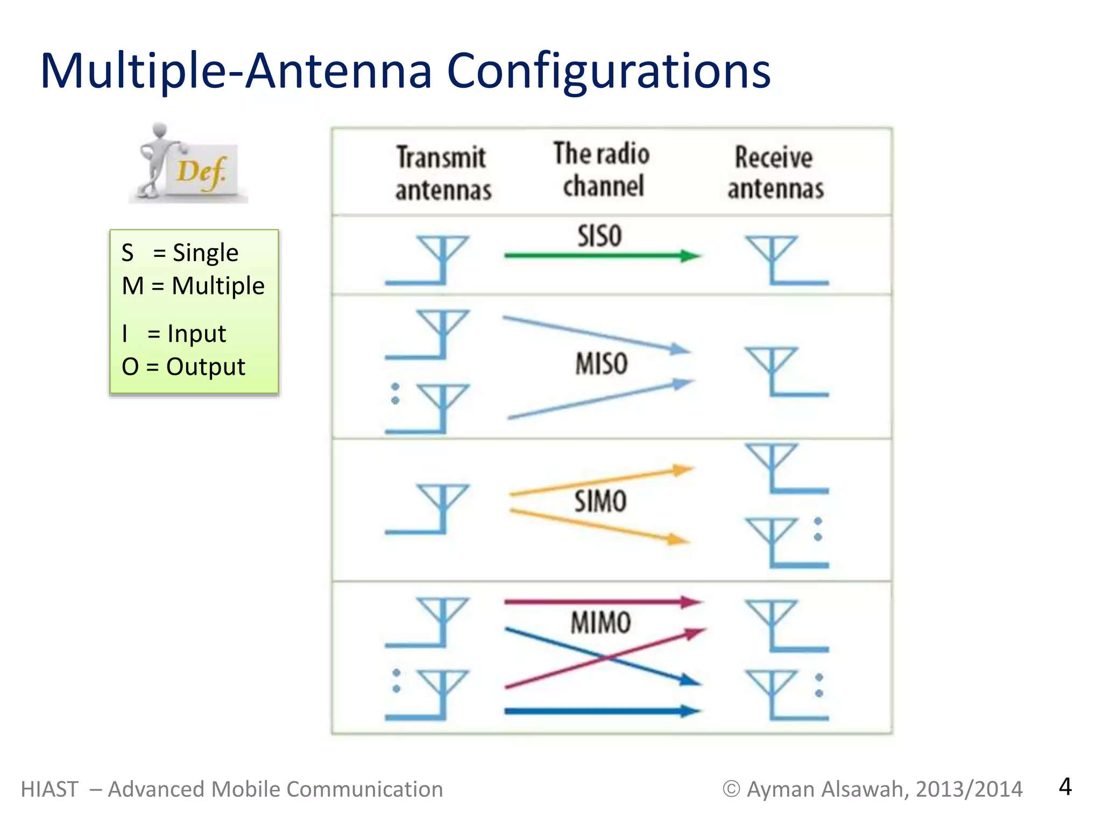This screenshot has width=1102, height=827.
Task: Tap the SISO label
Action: click(599, 236)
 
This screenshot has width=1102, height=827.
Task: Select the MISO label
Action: click(602, 363)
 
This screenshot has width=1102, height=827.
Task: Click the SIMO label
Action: click(600, 501)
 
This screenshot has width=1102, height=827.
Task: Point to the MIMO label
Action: click(601, 622)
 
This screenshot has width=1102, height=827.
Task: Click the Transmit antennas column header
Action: click(443, 173)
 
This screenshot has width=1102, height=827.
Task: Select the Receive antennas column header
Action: click(775, 173)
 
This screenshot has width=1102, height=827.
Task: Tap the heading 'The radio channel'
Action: click(602, 170)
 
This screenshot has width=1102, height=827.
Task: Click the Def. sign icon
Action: click(188, 164)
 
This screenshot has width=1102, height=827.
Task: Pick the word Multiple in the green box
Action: click(218, 286)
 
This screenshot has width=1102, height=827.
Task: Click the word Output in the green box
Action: click(206, 367)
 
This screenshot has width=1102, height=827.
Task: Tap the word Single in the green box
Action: click(205, 253)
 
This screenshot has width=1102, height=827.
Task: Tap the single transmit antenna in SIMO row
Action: click(430, 509)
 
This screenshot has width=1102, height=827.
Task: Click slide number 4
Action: click(1065, 787)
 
